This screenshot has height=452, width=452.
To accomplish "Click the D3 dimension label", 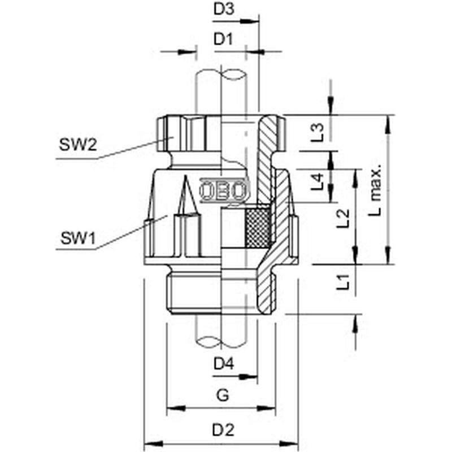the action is pos(224,9).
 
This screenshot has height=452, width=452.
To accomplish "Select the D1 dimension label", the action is pos(223,39).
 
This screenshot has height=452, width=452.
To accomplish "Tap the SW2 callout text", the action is pos(78,145).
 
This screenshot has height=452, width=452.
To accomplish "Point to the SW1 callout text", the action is pos(77,238).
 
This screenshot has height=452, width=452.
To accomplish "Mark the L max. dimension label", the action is pos(376,190).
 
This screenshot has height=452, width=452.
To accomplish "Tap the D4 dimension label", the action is pos(224,364).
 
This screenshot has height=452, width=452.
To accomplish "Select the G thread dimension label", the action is pos(223,395).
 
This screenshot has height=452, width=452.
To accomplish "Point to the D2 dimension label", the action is pos(223,431).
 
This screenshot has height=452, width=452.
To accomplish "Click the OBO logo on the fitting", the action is pos(223,190).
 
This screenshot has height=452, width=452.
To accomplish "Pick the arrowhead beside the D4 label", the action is pos(249,376).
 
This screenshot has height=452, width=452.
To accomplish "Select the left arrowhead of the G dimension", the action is pos(176,408).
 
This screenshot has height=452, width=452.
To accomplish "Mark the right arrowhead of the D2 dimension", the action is pos(289,443).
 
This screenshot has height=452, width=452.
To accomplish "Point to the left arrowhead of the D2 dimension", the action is pos(153,443).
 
